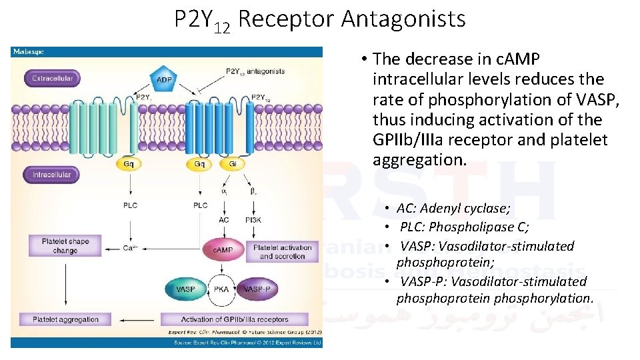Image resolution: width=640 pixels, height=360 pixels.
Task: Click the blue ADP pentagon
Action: tap(164, 79)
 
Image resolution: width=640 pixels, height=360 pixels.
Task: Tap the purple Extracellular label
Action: tap(52, 79)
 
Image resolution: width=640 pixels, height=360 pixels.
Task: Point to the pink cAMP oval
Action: tap(222, 249)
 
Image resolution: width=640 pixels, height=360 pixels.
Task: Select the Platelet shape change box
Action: tap(65, 245)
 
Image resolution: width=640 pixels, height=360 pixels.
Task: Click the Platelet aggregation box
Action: tap(65, 319)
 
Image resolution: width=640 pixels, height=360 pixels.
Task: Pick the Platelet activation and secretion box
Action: tap(283, 251)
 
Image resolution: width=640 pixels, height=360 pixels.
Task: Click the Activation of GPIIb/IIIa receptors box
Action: tap(235, 319)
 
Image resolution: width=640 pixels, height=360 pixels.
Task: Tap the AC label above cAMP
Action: tap(224, 219)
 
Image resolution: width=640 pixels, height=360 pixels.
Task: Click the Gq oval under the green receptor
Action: tap(128, 163)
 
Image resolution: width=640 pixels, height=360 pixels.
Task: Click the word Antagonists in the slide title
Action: tap(403, 19)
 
